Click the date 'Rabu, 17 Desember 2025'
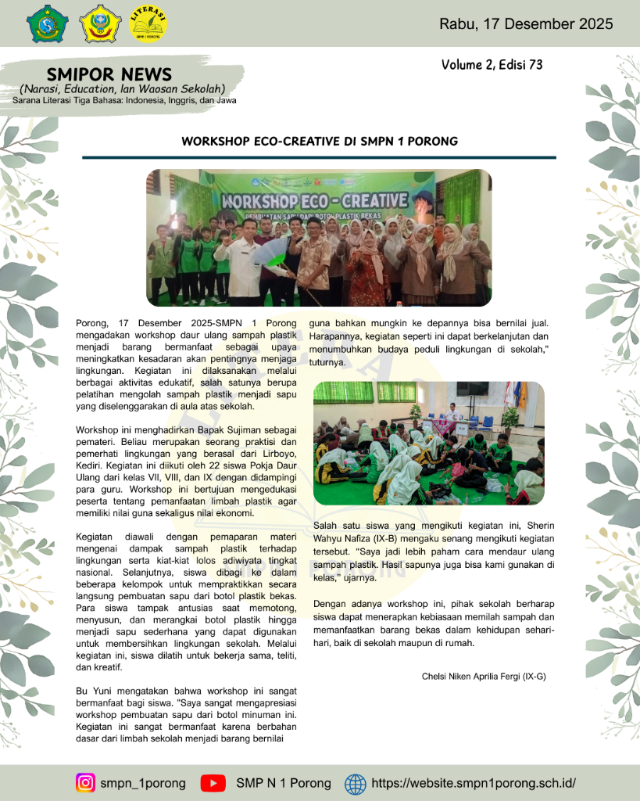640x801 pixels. pos(525,23)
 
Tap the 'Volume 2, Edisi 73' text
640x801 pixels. pos(492,65)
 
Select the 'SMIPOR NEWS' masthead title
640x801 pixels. pos(109,74)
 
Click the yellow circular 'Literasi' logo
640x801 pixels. pos(147,23)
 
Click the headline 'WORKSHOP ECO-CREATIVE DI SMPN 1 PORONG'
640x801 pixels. pos(320,142)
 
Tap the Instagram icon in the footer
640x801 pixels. pos(85,783)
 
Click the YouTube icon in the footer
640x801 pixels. pos(213,783)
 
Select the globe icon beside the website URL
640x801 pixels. pos(355,783)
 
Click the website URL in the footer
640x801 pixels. pos(474,783)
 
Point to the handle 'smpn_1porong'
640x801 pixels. pos(142,783)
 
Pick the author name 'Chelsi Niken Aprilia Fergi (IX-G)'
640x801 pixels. pos(484,675)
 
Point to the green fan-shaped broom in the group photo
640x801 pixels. pos(270,253)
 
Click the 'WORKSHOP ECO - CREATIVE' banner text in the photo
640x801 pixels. pos(314,199)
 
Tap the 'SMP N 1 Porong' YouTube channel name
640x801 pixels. pos(284,783)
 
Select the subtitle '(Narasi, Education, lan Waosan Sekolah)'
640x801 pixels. pos(123,88)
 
